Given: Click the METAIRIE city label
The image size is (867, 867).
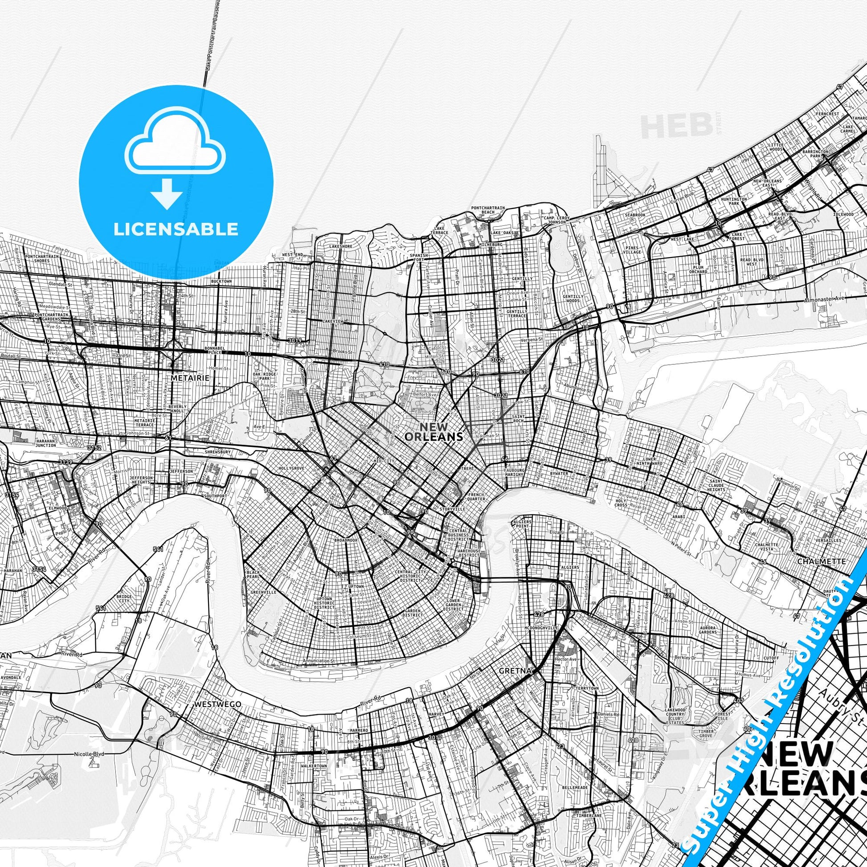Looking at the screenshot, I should (x=190, y=378).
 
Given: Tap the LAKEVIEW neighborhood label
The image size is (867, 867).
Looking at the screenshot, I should (x=332, y=322).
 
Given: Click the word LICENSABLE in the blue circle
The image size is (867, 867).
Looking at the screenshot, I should (x=176, y=229).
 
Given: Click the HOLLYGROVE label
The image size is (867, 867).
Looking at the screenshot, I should (x=291, y=468).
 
